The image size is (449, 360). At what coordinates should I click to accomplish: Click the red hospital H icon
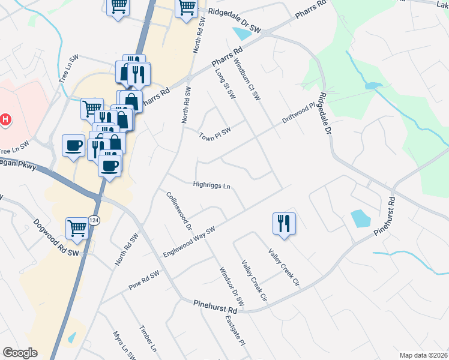click(x=5, y=119)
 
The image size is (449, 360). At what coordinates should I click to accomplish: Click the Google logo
click(x=20, y=353)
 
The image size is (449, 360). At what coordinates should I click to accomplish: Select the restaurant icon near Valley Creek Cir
click(x=283, y=223)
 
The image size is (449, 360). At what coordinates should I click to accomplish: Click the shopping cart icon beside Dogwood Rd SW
click(x=77, y=227)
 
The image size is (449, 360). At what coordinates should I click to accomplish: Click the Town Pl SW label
click(x=215, y=133)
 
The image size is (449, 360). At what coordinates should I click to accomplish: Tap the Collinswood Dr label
click(x=179, y=211)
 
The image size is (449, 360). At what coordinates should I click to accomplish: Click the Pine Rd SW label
click(x=144, y=280)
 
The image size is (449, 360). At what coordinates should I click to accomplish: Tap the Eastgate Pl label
click(x=235, y=331)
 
